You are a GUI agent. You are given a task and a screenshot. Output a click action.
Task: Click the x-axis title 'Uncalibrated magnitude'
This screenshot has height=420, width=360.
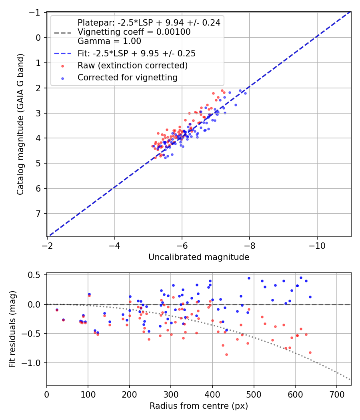199,257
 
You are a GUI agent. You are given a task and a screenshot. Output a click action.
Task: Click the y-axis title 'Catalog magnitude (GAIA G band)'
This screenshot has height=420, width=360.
20,124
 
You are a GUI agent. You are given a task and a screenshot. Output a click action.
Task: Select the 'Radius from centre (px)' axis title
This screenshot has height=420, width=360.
199,406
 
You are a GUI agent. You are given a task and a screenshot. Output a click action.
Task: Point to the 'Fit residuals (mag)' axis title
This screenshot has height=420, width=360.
12,329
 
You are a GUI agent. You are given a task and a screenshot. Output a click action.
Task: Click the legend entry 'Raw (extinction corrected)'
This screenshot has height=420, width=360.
132,65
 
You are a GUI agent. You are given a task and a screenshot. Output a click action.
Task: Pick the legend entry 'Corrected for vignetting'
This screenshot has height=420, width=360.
128,78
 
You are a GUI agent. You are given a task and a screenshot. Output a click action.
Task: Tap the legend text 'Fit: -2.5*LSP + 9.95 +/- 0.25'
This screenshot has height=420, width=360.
136,53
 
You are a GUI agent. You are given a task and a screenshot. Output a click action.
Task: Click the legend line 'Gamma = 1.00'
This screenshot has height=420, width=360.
109,41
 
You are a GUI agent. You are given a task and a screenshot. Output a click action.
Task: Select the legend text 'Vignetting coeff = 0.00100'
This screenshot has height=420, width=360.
134,32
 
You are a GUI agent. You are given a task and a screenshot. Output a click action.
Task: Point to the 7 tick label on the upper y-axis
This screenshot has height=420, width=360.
38,214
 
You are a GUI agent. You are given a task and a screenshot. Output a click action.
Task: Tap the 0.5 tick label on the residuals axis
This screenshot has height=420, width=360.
36,275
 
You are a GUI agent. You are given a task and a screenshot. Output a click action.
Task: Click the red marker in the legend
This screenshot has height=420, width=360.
62,66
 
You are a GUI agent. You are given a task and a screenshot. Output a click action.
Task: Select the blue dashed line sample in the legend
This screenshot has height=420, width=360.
62,53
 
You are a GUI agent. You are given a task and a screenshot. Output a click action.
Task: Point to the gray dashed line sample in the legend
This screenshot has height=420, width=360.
62,32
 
